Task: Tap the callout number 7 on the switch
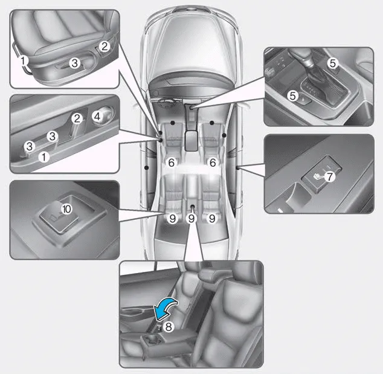tap(329, 177)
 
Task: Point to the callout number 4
tap(98, 114)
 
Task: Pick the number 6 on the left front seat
tap(172, 163)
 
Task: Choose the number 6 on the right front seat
tap(212, 163)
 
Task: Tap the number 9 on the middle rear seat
tap(191, 219)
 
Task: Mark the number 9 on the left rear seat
tap(172, 219)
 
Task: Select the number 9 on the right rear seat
tap(211, 219)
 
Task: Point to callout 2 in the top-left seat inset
tap(104, 46)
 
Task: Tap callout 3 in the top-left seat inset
tap(74, 62)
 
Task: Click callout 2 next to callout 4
tap(77, 118)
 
